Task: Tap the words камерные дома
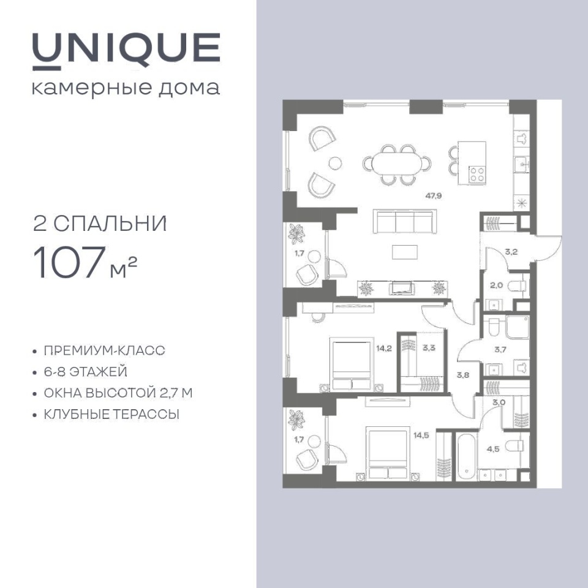[x=126, y=88]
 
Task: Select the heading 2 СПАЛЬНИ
[x=100, y=224]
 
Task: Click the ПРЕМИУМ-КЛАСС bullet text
[x=105, y=350]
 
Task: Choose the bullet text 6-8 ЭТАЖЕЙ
[x=86, y=372]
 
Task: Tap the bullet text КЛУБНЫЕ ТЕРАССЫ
[x=111, y=415]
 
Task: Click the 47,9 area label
[x=434, y=196]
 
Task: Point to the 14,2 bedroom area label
[x=384, y=349]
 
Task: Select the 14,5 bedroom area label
[x=421, y=435]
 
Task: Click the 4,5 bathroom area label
[x=493, y=449]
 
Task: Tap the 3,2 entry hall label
[x=511, y=252]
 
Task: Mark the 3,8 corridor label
[x=463, y=375]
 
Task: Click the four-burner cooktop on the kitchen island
[x=477, y=175]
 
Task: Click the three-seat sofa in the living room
[x=405, y=222]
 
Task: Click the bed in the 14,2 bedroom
[x=352, y=364]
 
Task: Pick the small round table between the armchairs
[x=335, y=163]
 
